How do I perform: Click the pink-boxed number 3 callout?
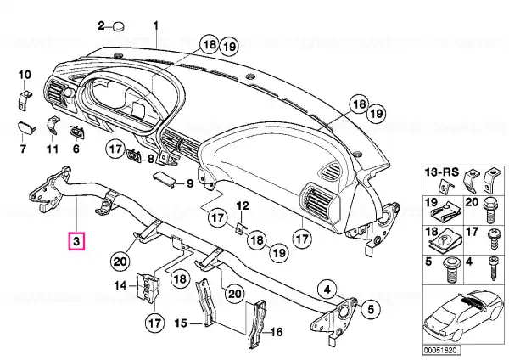coord(76,241)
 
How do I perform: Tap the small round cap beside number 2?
coord(119,26)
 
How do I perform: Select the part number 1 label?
coord(156,25)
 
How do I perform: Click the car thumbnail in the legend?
coord(463,317)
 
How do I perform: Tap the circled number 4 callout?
coord(327,290)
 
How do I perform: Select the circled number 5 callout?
coord(371,309)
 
